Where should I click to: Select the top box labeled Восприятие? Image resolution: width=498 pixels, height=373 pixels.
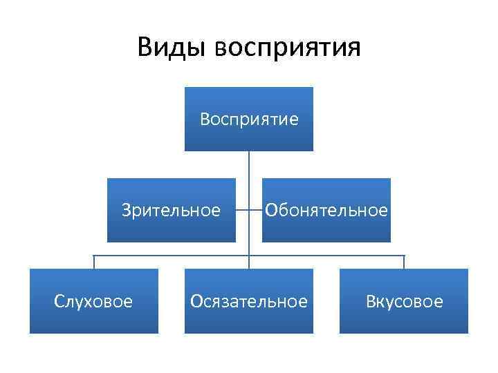249,119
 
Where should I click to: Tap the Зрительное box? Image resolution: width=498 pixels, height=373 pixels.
172,210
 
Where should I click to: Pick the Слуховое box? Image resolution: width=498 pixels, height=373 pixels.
94,301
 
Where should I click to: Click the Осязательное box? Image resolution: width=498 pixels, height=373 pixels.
249,301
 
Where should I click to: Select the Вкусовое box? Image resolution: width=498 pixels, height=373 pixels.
404,301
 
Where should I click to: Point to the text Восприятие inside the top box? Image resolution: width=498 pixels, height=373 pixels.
249,119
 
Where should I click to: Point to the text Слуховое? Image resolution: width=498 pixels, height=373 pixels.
94,302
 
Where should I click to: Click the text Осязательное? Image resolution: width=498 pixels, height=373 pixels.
249,302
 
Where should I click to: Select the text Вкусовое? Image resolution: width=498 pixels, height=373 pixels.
404,302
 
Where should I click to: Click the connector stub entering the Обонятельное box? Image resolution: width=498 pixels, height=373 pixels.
256,210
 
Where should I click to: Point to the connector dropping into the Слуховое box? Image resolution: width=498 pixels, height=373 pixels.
94,262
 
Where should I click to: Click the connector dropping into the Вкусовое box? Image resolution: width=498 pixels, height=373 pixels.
404,262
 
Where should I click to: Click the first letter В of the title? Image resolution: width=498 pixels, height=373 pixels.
146,47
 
